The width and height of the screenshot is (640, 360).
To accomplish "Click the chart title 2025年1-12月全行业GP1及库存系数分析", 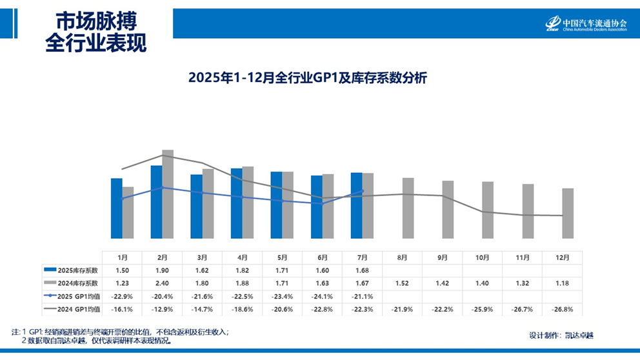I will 308,78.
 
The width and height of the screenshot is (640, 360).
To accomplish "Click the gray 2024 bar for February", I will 168,194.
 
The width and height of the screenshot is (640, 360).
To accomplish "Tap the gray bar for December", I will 568,213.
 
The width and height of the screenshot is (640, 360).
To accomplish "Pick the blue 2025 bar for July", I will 356,206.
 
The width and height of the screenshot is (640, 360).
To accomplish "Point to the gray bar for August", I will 408,208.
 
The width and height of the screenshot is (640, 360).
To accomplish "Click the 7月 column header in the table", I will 363,257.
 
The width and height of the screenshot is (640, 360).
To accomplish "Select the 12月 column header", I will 562,257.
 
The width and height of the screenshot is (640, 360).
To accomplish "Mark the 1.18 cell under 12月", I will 562,283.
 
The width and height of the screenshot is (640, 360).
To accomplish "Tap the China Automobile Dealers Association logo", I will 586,23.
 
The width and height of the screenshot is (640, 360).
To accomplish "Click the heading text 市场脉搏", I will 95,21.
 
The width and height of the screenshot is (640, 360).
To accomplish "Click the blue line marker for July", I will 363,191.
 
